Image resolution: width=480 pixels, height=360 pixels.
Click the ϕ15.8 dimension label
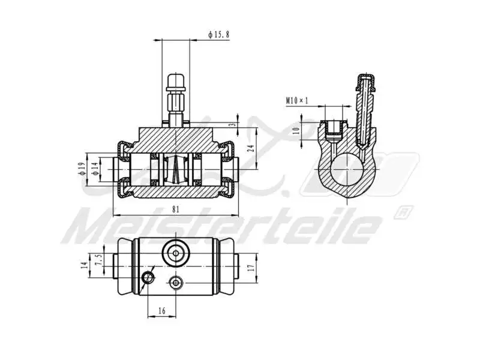tap(218, 35)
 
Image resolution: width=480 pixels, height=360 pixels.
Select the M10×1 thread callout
tap(296, 100)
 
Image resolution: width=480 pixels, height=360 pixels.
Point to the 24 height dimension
tap(251, 146)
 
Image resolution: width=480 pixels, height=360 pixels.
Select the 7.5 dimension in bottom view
tap(97, 260)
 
